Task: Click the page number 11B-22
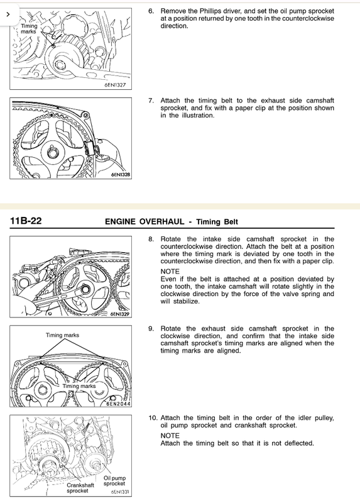[26, 221]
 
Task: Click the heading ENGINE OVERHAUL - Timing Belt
[172, 222]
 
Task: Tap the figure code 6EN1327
[115, 85]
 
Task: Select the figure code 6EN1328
[121, 175]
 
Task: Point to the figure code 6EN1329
[120, 314]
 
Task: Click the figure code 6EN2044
[119, 404]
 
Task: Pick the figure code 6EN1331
[120, 492]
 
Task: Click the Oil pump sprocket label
[114, 480]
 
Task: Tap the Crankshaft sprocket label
[80, 488]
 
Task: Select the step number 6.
[151, 11]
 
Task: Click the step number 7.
[151, 101]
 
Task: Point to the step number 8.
[151, 240]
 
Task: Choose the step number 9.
[151, 329]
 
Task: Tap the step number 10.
[153, 418]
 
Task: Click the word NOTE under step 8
[170, 272]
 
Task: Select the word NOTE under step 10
[170, 436]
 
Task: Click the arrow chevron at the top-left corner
[8, 14]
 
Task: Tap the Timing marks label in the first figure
[29, 28]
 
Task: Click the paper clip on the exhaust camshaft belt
[90, 148]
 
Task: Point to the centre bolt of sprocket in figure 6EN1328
[52, 153]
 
